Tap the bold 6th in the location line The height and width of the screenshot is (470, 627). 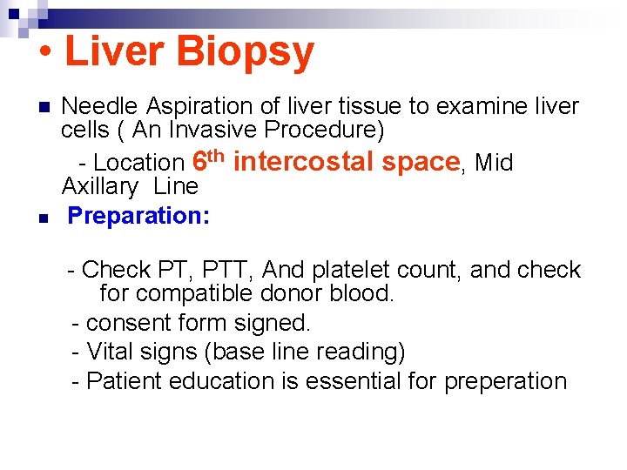(x=209, y=160)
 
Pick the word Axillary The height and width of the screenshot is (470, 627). (x=99, y=186)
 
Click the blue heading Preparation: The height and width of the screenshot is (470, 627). (x=138, y=216)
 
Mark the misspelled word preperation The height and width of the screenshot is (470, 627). (x=505, y=382)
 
